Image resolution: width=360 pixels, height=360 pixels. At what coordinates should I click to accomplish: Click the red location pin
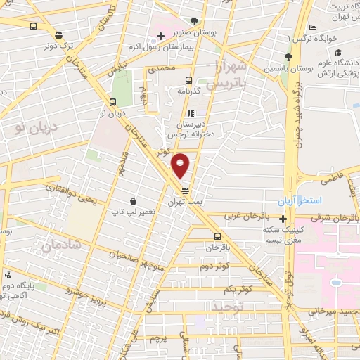181,165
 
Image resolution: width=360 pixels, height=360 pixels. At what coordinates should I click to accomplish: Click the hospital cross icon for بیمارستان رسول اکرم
161,36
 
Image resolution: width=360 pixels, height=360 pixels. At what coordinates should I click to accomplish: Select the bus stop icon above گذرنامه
188,80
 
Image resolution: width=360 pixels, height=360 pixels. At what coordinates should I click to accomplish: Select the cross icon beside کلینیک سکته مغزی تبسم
283,219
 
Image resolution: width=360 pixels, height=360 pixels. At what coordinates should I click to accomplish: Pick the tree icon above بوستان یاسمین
288,57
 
